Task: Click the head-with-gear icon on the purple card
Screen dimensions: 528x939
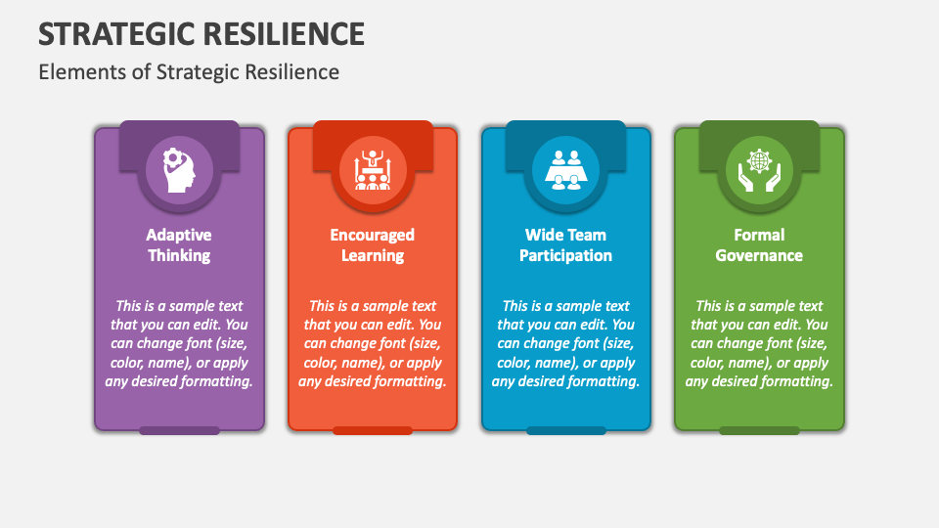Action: coord(179,169)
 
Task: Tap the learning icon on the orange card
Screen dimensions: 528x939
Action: coord(372,169)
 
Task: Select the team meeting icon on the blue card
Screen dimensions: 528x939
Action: coord(565,169)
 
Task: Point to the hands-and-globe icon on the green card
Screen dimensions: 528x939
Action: coord(759,169)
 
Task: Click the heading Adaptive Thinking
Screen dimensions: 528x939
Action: coord(179,245)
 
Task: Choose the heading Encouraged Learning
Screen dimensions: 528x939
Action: coord(372,245)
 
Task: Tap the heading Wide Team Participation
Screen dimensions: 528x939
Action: coord(565,245)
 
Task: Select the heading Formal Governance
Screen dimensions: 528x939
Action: coord(759,245)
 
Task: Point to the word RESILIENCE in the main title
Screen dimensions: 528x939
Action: coord(283,33)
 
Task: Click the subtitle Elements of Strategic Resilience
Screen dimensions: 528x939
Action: coord(189,72)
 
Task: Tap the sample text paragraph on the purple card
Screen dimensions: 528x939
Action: coord(179,343)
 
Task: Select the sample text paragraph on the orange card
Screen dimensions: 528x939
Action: coord(372,343)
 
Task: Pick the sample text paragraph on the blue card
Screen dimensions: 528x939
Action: coord(565,343)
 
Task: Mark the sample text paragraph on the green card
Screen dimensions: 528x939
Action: coord(759,343)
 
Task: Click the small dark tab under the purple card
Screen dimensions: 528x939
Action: coord(179,430)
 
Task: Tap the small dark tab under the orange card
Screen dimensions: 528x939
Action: coord(372,430)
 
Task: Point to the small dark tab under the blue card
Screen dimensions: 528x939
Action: coord(565,430)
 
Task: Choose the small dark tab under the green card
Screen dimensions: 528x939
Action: coord(759,430)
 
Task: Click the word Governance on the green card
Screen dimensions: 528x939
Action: coord(759,256)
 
